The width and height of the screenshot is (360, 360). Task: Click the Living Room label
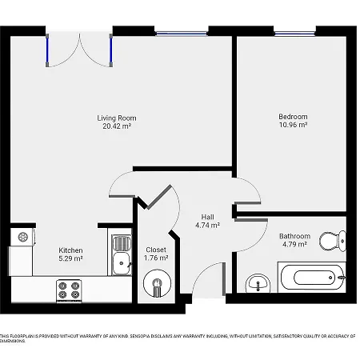click(116, 118)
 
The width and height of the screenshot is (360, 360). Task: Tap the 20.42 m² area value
click(116, 126)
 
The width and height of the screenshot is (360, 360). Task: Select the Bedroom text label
click(293, 117)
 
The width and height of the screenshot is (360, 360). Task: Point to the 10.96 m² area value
click(293, 125)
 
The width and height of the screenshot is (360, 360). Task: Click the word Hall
click(207, 217)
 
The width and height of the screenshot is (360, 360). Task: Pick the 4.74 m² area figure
click(207, 225)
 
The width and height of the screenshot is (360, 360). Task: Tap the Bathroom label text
click(294, 236)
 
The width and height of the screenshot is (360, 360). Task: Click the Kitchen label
click(70, 250)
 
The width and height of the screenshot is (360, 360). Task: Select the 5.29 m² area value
click(70, 258)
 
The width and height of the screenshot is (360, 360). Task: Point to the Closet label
click(156, 250)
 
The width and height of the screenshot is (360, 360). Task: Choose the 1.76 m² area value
click(156, 258)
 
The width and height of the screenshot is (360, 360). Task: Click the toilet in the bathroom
click(331, 239)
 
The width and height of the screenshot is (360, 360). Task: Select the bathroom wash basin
click(257, 282)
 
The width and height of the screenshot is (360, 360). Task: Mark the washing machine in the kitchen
click(22, 237)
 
